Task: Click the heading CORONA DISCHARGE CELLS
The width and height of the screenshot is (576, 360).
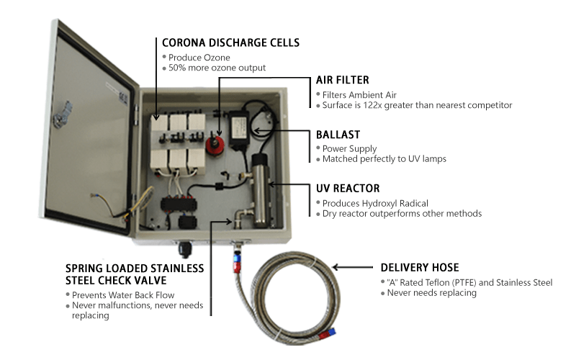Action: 230,42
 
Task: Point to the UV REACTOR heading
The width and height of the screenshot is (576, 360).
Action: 348,189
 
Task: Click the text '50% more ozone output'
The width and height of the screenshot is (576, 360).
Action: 216,68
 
